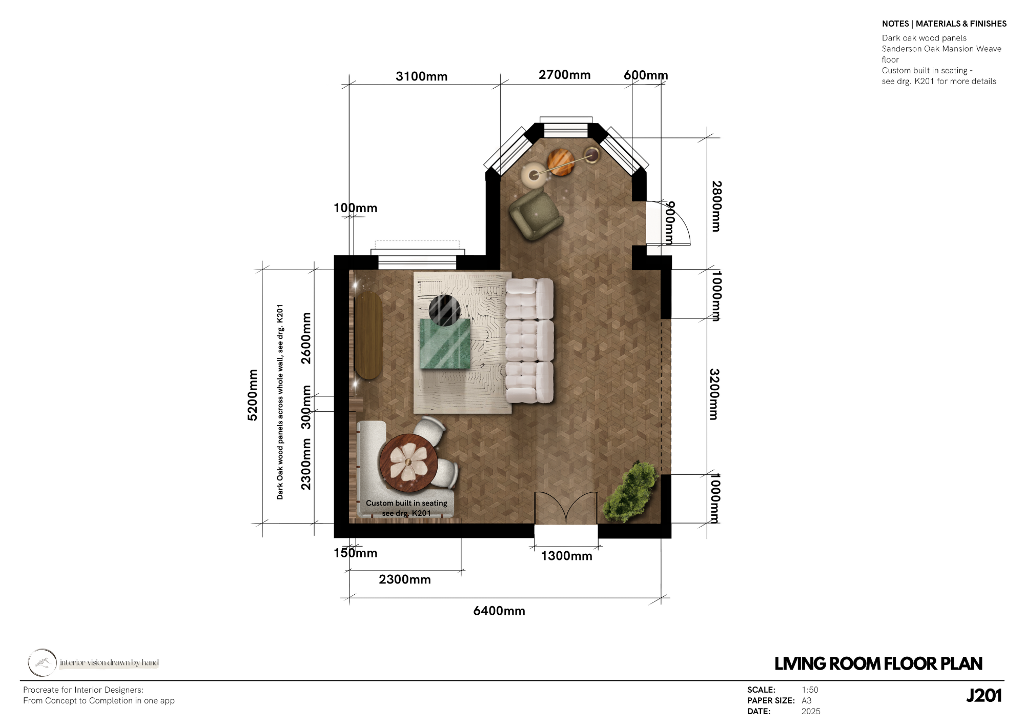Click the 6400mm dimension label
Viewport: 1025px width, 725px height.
499,611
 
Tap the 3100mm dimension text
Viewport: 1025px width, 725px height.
421,76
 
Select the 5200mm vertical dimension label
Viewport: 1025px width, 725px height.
253,395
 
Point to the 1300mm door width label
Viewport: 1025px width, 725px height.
566,556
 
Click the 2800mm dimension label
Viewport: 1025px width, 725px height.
716,206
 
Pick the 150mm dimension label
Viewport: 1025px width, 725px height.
355,553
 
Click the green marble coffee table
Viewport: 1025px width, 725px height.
445,344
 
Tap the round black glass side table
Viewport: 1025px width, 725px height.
444,310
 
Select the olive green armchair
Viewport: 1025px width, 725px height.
536,214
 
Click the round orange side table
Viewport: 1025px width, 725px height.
559,162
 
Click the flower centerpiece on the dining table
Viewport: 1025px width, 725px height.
408,462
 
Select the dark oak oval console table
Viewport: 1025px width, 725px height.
368,335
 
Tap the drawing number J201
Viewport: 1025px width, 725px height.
983,696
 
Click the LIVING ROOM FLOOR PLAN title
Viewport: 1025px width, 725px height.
878,664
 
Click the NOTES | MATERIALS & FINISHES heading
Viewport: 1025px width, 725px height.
944,24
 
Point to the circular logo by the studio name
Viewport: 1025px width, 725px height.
42,662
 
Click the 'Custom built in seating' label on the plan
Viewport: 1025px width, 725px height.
406,504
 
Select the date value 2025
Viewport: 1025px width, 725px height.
811,712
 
